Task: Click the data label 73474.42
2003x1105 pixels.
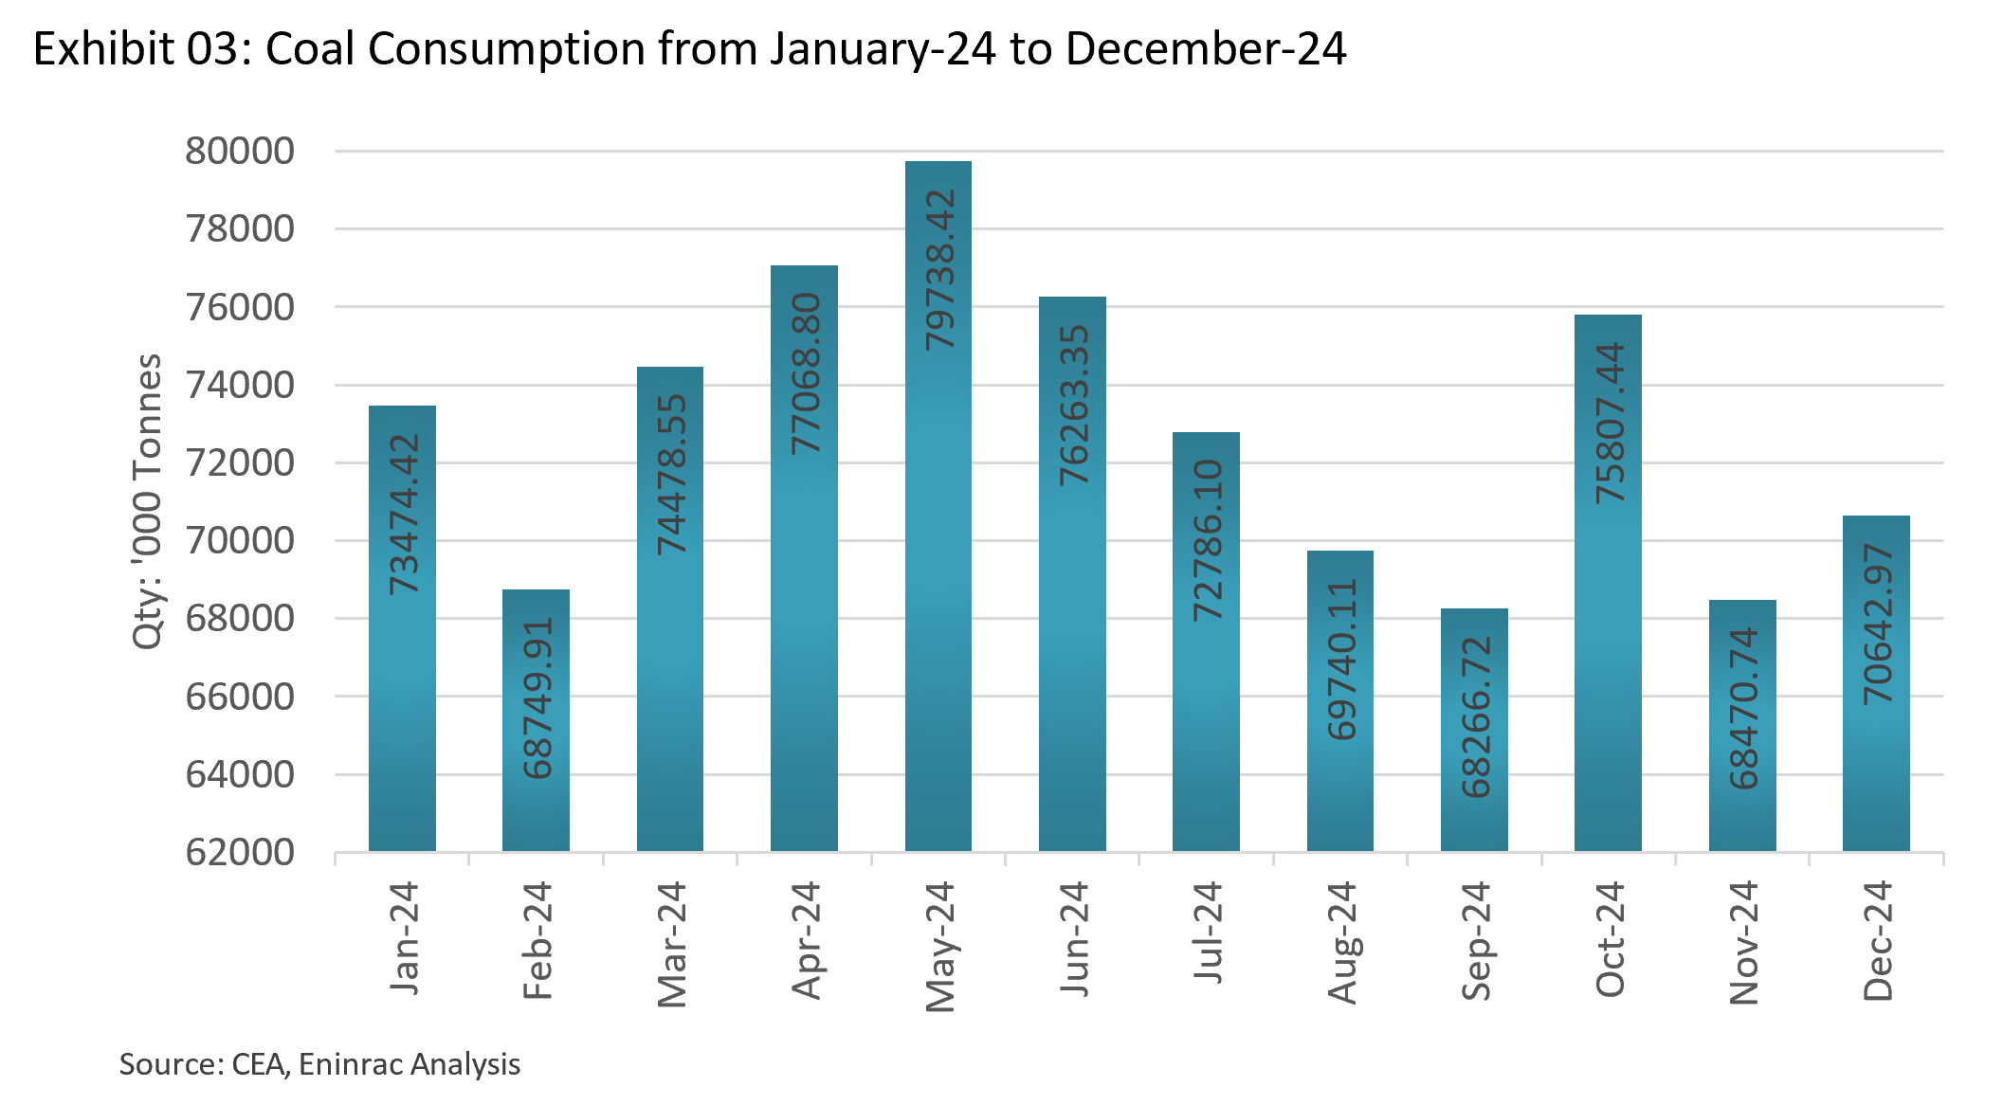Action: pos(404,514)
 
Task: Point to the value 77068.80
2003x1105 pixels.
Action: pos(806,373)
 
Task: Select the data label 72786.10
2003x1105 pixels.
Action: pos(1207,540)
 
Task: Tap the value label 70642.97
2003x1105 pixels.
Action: pos(1877,624)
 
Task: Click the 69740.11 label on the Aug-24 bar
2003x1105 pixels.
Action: pos(1341,659)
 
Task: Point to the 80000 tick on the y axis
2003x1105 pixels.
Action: pos(240,152)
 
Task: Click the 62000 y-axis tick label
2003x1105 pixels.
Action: pos(240,853)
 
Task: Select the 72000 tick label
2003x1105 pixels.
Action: pos(240,463)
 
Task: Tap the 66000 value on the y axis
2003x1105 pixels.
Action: pos(240,697)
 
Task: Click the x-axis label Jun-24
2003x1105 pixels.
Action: pos(1073,938)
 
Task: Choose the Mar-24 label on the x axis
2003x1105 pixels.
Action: pos(671,944)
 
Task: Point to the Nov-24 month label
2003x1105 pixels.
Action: pos(1743,942)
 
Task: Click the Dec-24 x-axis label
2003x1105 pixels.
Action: pos(1877,940)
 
